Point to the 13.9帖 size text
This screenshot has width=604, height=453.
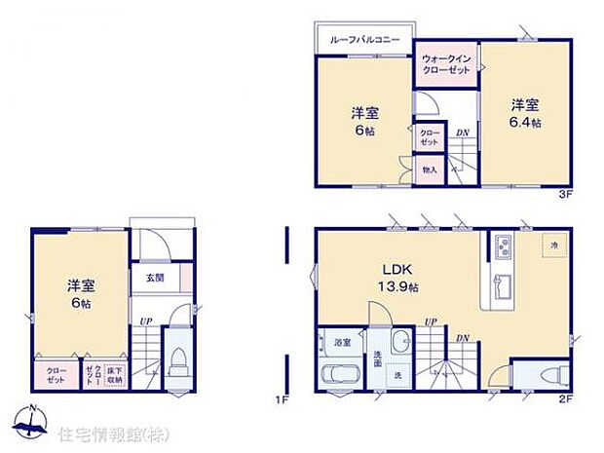click(399, 287)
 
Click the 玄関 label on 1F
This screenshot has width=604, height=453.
click(156, 278)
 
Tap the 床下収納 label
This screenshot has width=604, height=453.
click(114, 371)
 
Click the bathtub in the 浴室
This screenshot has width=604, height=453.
click(339, 375)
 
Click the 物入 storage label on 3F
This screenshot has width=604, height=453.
click(429, 170)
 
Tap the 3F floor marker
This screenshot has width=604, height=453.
click(563, 195)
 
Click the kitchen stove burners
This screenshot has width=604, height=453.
click(504, 247)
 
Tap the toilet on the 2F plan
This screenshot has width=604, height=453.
click(542, 374)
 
